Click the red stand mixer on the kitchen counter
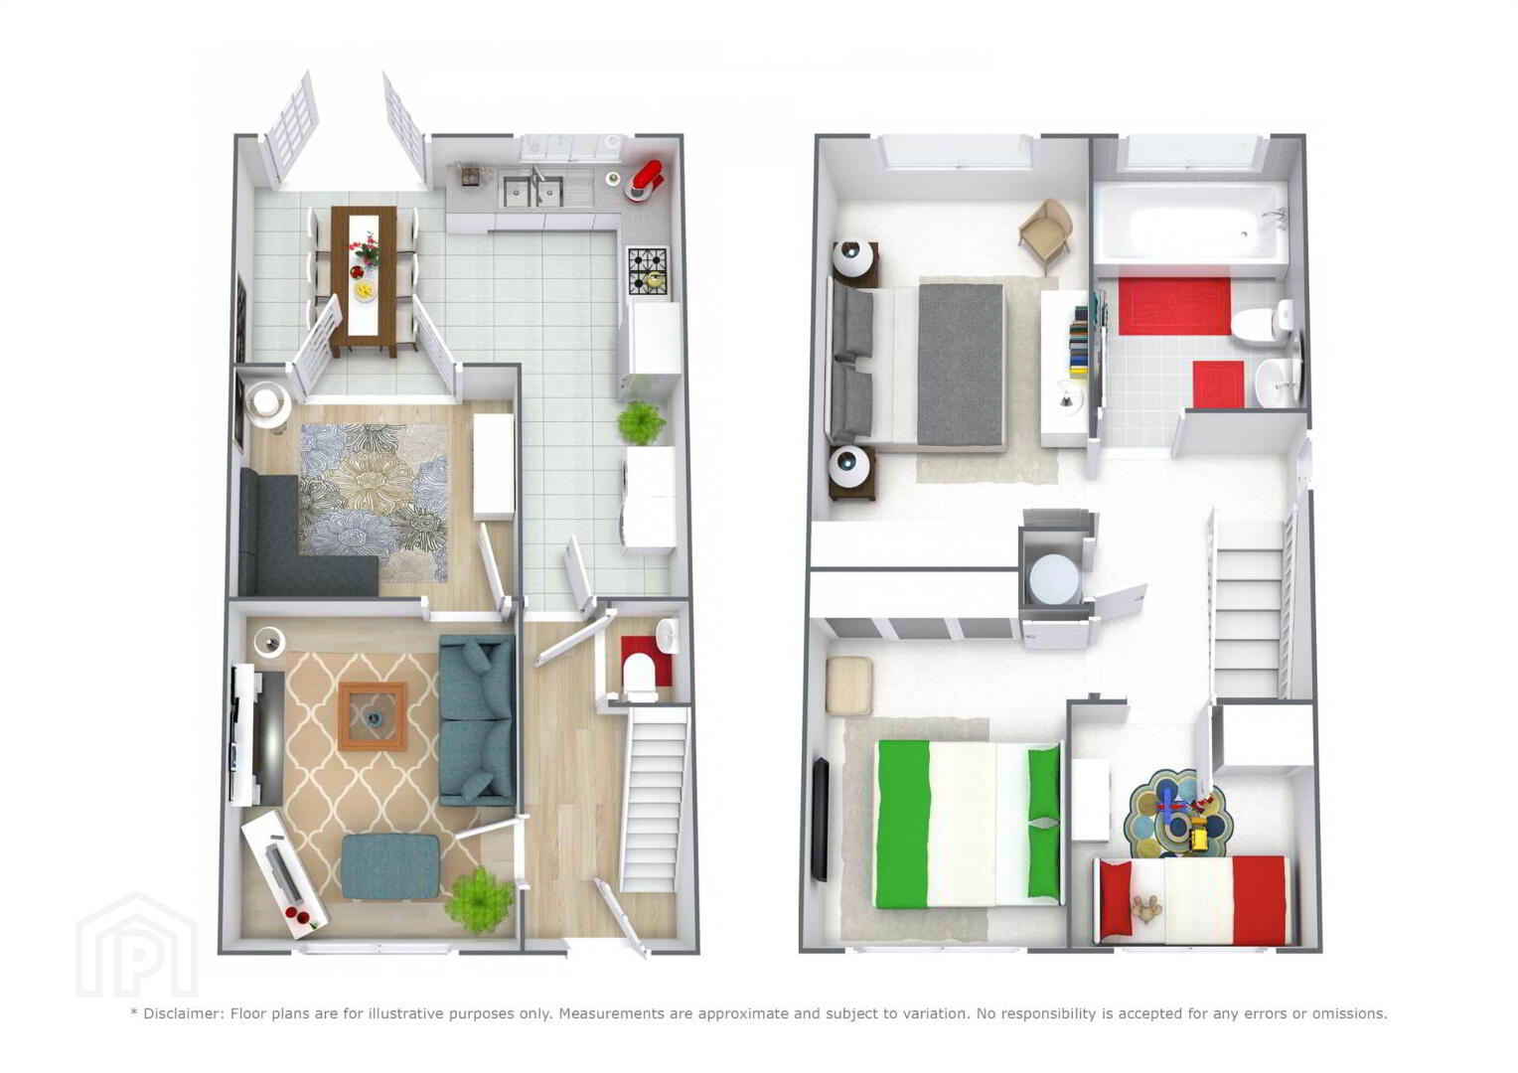[645, 180]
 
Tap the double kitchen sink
[532, 189]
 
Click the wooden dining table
[364, 278]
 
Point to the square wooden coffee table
[373, 716]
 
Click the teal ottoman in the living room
[391, 867]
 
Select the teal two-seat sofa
[477, 720]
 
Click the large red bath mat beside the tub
[1173, 306]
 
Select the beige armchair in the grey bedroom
[1046, 233]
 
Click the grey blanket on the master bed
[961, 365]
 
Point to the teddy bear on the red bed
[1146, 909]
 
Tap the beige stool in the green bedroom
[849, 686]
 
